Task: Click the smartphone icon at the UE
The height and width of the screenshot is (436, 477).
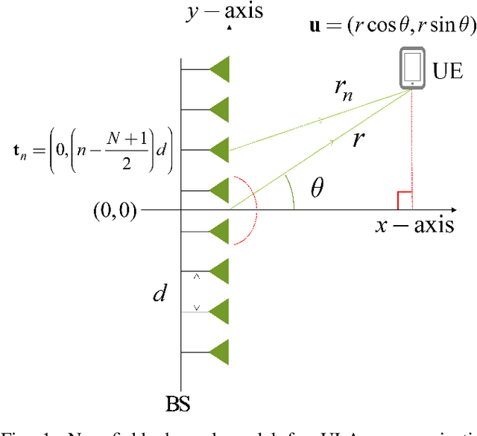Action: tap(412, 69)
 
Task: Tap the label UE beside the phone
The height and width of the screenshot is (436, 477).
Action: tap(448, 72)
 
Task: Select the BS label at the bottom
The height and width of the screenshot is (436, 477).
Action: tap(178, 405)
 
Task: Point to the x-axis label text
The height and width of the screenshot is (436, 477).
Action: tap(414, 224)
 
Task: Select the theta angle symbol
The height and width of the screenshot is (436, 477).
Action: tap(317, 189)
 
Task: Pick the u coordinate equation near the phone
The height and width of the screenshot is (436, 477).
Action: tap(392, 26)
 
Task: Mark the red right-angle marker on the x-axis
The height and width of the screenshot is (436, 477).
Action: tap(404, 200)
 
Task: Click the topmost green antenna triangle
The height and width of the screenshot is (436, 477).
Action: tap(219, 71)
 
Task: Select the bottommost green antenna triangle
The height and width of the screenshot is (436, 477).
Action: tap(219, 350)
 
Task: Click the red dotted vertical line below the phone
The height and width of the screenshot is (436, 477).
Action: tap(412, 149)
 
